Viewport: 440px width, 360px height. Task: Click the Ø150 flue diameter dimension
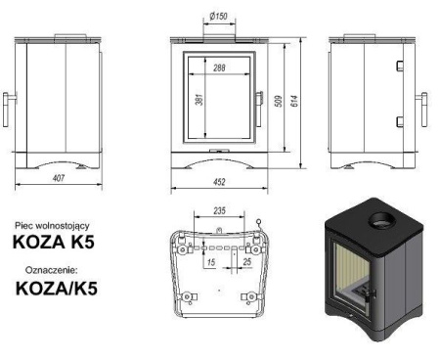click(220, 16)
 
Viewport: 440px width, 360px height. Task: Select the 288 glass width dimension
click(219, 67)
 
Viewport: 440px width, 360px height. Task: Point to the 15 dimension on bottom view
click(210, 262)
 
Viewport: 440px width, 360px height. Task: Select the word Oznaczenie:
click(55, 268)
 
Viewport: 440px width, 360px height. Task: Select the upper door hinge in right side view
click(399, 66)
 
